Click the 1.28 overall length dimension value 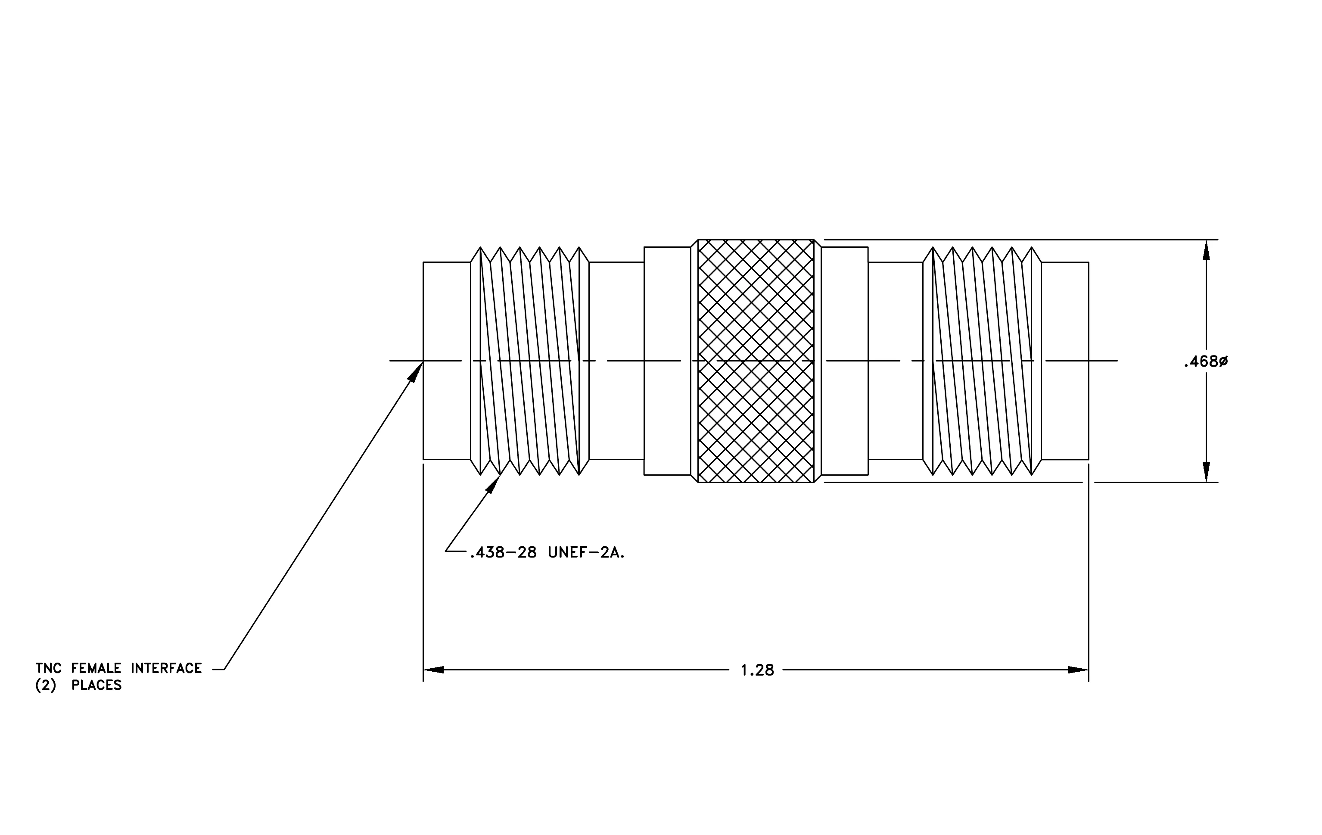tap(757, 670)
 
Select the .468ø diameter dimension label tap(1206, 362)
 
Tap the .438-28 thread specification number tap(503, 553)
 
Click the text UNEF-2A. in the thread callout tap(586, 553)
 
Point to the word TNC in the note tap(49, 668)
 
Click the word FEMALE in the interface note tap(96, 668)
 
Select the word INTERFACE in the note tap(166, 668)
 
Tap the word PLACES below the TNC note tap(96, 685)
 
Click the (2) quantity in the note tap(46, 685)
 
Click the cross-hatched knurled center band tap(756, 361)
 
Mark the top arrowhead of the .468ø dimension tap(1206, 250)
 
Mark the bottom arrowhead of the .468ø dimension tap(1206, 472)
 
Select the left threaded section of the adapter tap(530, 361)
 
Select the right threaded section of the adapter tap(982, 361)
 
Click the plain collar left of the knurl tap(667, 361)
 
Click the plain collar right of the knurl tap(845, 361)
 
